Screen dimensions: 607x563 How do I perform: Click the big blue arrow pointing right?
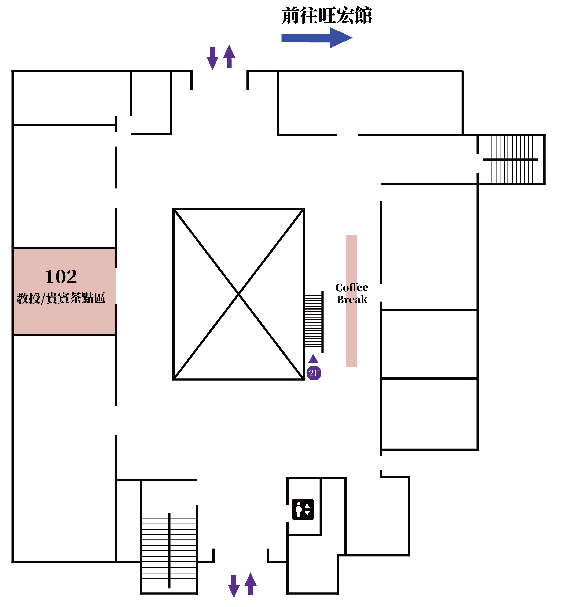317,38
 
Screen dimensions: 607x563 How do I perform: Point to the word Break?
352,300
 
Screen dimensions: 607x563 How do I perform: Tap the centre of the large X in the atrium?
238,294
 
